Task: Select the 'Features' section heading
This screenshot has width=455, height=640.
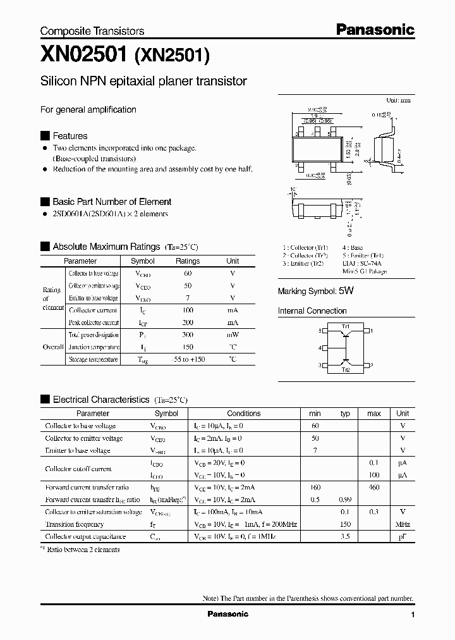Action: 70,136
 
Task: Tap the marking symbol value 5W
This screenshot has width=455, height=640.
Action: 346,291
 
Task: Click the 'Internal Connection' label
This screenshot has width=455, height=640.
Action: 312,311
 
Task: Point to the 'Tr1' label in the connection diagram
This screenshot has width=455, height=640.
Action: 346,325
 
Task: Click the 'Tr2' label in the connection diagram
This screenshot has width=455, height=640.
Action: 346,370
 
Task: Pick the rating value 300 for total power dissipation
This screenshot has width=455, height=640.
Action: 188,335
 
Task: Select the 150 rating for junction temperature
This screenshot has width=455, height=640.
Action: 188,347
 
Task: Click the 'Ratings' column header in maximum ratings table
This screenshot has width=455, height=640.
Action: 188,261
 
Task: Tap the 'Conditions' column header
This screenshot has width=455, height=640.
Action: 243,414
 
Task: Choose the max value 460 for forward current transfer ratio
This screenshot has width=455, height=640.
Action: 373,488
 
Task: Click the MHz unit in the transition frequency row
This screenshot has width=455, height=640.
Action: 403,524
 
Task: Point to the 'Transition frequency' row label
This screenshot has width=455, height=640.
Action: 74,524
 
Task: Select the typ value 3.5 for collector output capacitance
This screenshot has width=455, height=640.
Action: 345,536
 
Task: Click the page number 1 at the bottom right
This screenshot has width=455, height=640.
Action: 413,615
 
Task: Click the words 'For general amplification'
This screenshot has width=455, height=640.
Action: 88,109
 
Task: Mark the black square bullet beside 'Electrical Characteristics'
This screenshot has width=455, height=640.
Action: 45,400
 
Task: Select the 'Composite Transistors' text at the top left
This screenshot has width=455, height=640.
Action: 92,31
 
